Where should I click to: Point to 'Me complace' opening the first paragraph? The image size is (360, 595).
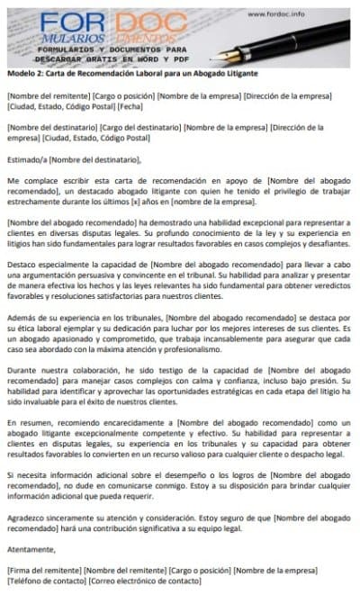pyautogui.click(x=28, y=182)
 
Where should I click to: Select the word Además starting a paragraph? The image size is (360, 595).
pyautogui.click(x=22, y=320)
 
